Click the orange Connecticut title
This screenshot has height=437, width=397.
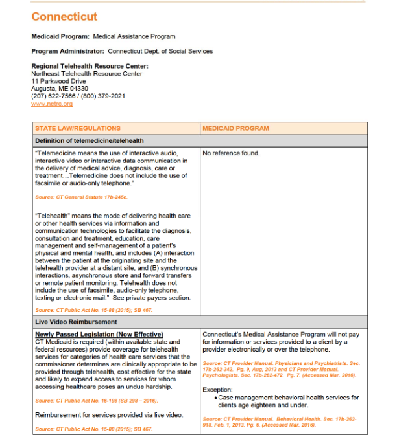pos(64,17)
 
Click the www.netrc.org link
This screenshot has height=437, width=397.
pos(52,104)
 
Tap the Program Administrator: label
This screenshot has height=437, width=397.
pos(68,51)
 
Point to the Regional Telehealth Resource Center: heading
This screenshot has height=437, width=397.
pos(90,66)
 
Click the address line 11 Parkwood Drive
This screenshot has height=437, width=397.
pos(58,82)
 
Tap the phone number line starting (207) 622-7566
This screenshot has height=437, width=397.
pos(78,96)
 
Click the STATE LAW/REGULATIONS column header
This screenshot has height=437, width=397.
pos(78,128)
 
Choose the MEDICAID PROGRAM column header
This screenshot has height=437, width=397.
pos(235,128)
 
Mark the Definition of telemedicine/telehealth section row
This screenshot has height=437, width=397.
pos(90,140)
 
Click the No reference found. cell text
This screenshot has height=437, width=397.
pos(231,153)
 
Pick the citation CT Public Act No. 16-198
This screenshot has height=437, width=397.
pos(91,401)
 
